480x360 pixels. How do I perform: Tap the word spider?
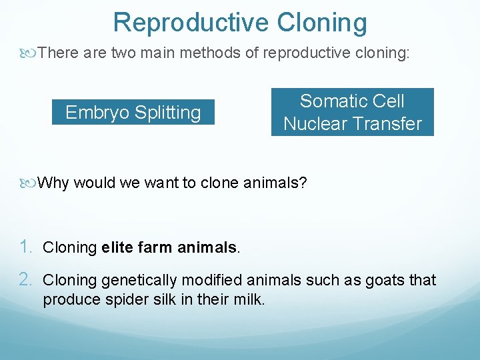tap(125, 299)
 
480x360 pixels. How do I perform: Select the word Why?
tap(53, 183)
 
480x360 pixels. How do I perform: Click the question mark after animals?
tap(303, 183)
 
